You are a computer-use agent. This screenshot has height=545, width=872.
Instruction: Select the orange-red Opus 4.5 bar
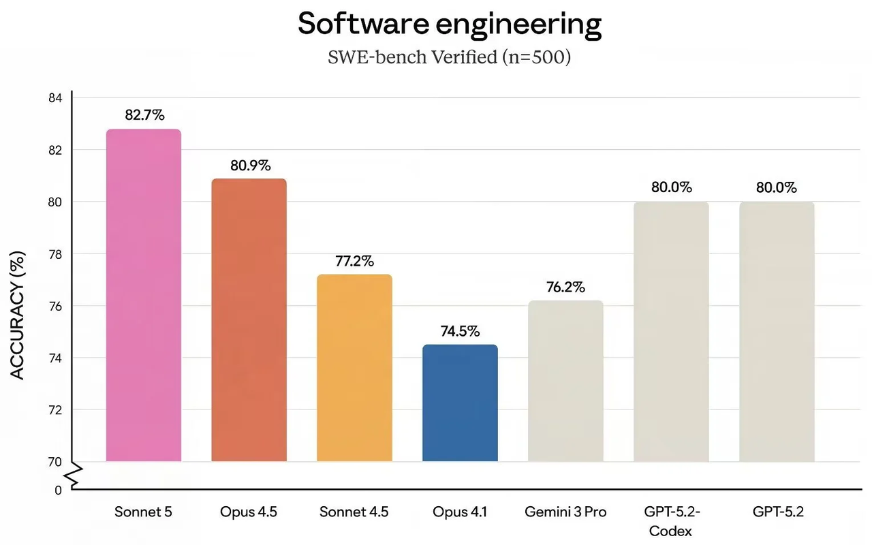click(249, 320)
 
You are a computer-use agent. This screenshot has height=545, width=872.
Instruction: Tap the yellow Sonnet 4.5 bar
click(354, 368)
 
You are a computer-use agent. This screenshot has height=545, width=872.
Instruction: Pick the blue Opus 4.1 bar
click(460, 403)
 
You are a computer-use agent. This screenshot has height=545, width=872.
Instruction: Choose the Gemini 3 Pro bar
click(565, 381)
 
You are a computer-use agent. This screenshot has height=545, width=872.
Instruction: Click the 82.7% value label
click(144, 115)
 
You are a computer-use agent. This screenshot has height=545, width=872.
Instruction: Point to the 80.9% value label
click(250, 165)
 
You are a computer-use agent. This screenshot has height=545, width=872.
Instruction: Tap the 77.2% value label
click(355, 261)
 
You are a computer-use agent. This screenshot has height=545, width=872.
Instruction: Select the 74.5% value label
click(461, 331)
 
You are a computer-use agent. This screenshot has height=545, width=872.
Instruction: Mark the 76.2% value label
click(565, 287)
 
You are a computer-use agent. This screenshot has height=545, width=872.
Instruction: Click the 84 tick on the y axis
click(55, 98)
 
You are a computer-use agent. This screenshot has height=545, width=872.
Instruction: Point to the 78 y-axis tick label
click(55, 254)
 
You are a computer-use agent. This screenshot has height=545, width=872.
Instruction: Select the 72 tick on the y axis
click(55, 410)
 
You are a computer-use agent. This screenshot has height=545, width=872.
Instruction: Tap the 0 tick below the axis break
click(58, 490)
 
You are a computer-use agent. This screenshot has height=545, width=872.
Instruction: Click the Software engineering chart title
click(450, 25)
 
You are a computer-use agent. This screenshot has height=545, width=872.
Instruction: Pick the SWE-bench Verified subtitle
click(449, 57)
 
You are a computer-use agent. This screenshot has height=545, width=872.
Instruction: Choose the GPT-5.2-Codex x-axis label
click(671, 520)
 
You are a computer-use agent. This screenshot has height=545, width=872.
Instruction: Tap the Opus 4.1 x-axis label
click(460, 512)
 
